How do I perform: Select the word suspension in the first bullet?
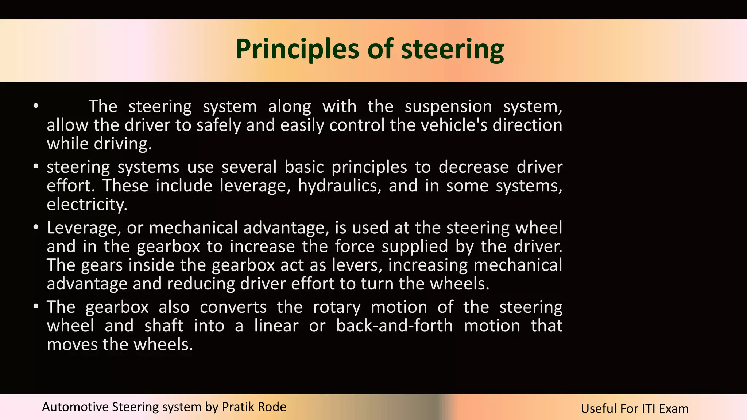click(448, 106)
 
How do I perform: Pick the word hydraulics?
click(340, 186)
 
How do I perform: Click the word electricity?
click(87, 204)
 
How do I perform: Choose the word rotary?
click(337, 307)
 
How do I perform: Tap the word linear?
click(276, 326)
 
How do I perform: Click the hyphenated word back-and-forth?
click(394, 326)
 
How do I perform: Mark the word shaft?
click(164, 326)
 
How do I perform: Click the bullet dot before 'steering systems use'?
click(36, 167)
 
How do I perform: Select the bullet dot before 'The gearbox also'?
click(36, 307)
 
